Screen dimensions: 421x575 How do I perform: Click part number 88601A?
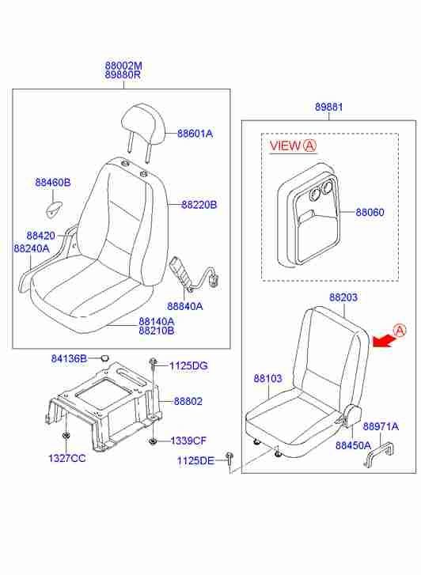[195, 134]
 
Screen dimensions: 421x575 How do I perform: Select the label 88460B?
[53, 182]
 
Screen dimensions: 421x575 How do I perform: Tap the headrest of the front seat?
[143, 125]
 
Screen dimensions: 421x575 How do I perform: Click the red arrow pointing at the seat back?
[383, 341]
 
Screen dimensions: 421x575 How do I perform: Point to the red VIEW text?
[285, 146]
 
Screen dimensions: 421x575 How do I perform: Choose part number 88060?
[370, 212]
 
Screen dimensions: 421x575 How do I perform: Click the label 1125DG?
[188, 365]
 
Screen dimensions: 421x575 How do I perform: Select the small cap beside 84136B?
[104, 357]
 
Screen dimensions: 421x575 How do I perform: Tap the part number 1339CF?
[188, 441]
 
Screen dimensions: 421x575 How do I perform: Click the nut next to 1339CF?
[152, 441]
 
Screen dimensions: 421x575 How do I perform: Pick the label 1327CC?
[66, 458]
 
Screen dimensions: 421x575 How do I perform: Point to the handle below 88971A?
[380, 455]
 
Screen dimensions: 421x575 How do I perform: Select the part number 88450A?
[353, 445]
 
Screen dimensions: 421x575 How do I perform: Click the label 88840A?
[185, 306]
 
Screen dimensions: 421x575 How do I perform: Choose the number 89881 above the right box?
[329, 107]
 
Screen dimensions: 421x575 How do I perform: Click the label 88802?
[188, 402]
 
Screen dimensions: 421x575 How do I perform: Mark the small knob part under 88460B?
[54, 209]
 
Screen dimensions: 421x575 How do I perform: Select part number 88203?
[343, 297]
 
